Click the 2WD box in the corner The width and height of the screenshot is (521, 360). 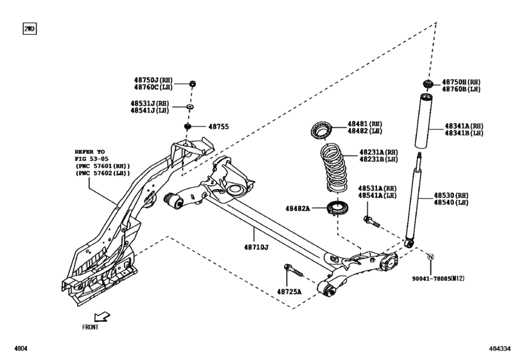tap(30, 30)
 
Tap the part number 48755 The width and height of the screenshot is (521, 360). tap(218, 127)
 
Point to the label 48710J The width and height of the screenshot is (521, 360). tap(256, 247)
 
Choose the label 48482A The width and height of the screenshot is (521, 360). tap(297, 208)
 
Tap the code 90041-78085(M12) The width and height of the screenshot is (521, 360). tap(438, 279)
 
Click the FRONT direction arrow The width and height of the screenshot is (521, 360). tap(101, 316)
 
